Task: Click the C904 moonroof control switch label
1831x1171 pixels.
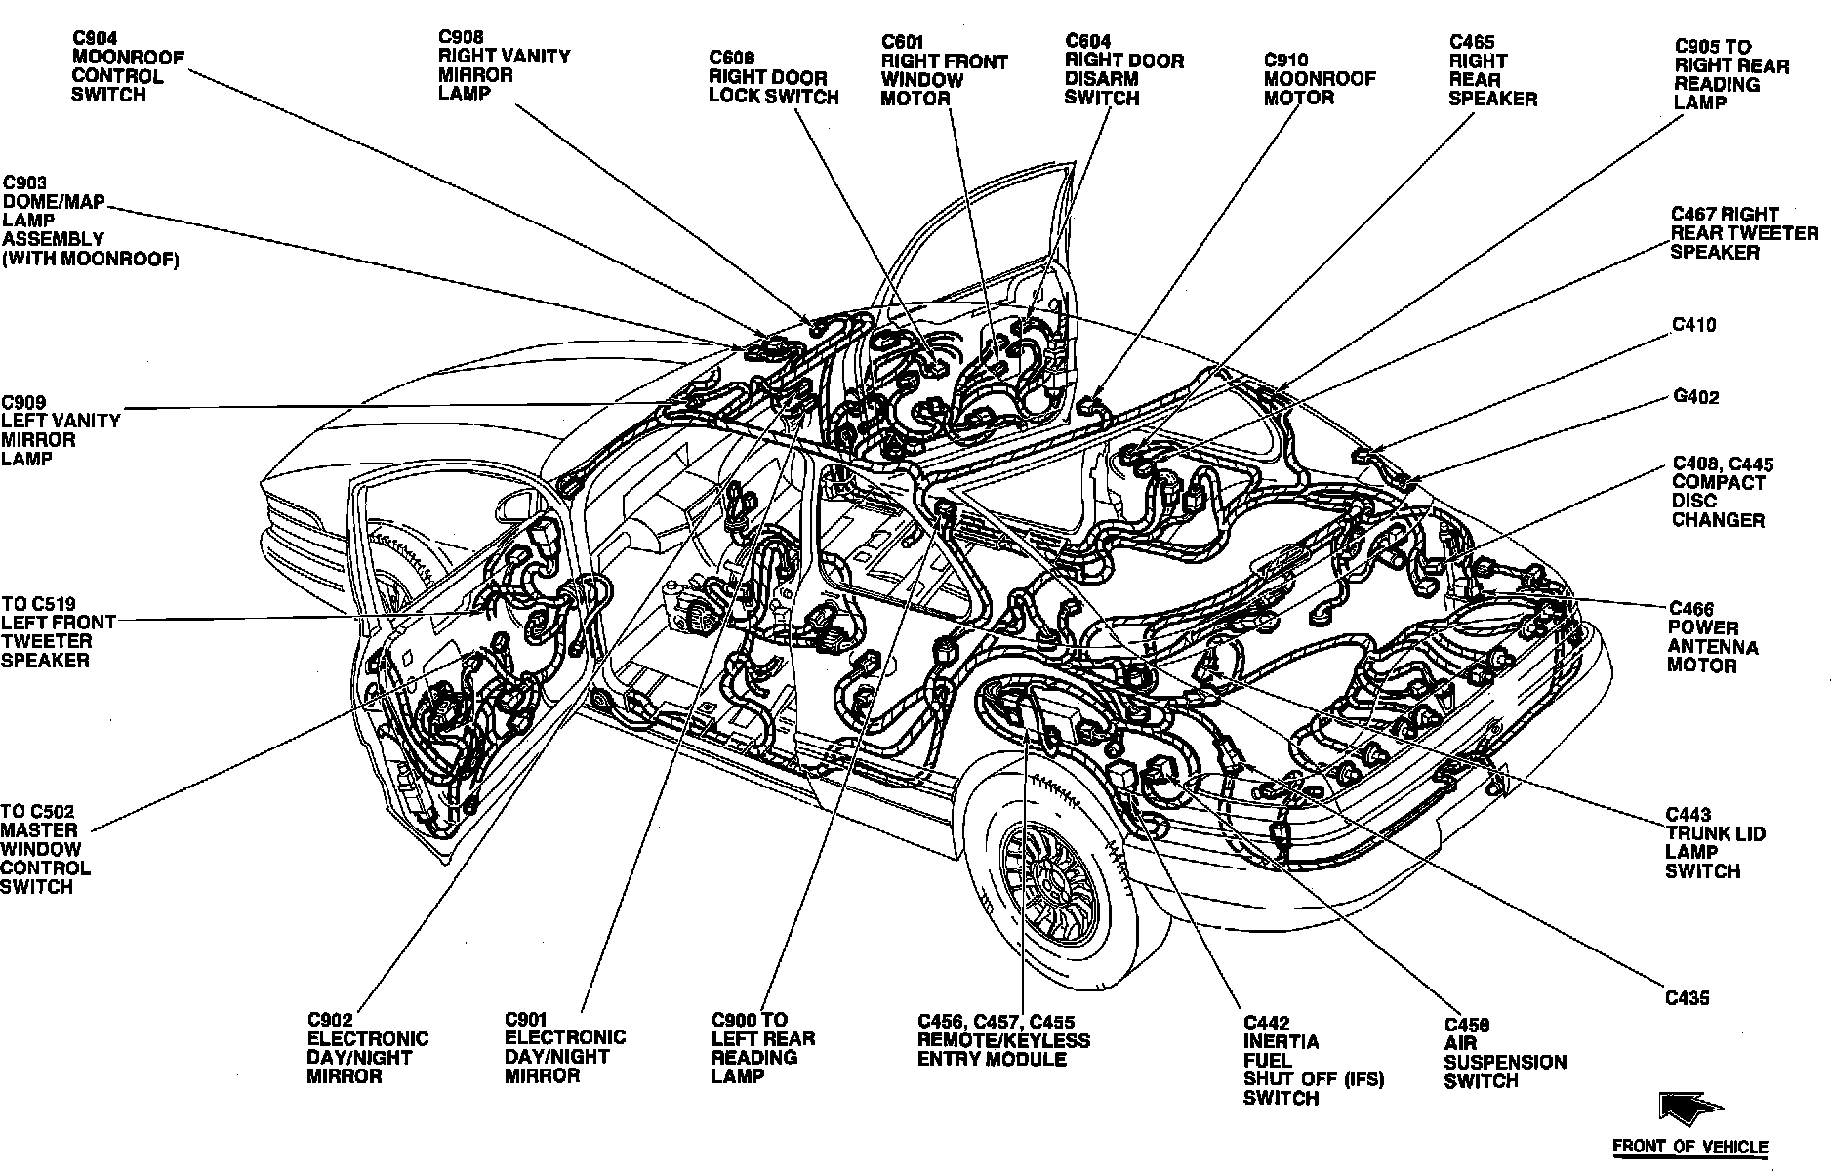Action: tap(127, 66)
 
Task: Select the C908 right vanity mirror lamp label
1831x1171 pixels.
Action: tap(504, 65)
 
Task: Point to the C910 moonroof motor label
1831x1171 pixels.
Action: tap(1319, 79)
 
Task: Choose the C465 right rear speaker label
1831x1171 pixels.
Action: tap(1492, 70)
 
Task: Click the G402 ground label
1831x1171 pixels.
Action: tap(1695, 397)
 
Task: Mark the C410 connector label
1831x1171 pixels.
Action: tap(1693, 325)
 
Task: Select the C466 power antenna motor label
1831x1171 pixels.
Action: tap(1713, 637)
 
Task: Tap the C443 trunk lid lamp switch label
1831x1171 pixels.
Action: tap(1715, 843)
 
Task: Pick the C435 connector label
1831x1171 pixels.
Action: tap(1688, 998)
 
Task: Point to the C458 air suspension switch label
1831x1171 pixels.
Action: tap(1505, 1053)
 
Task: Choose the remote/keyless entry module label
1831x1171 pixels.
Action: tap(1003, 1040)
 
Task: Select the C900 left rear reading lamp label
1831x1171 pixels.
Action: tap(762, 1048)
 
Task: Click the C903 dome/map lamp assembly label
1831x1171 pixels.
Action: tap(90, 221)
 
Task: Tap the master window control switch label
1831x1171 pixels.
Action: tap(46, 849)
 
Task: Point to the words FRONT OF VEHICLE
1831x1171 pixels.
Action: tap(1689, 1147)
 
